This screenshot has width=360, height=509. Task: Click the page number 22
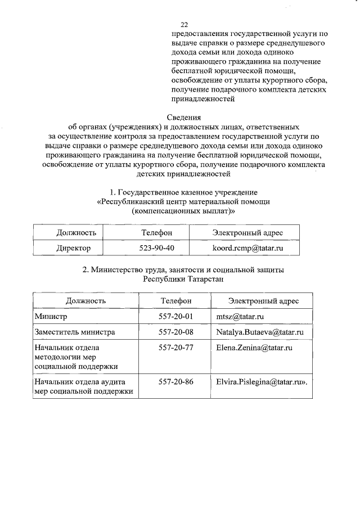point(184,25)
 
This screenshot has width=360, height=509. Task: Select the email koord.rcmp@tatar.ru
point(247,247)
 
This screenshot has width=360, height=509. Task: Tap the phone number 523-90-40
point(156,247)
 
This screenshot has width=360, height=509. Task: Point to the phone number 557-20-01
point(176,317)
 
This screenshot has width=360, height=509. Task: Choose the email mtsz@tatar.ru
point(236,317)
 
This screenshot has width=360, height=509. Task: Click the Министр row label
point(51,317)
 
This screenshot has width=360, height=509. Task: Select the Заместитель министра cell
point(75,332)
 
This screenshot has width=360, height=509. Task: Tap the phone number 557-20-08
point(176,332)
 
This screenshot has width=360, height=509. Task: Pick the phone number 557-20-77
point(176,348)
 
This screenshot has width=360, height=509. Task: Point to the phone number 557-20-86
point(176,382)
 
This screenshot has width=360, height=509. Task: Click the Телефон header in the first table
point(156,232)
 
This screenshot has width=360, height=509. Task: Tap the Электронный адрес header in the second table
point(263,301)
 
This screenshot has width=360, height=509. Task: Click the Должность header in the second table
point(85,301)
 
